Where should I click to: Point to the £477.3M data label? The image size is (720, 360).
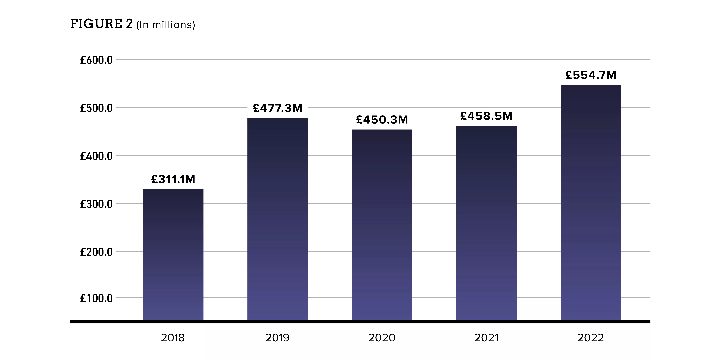coord(278,108)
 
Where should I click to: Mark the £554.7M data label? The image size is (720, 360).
coord(591,75)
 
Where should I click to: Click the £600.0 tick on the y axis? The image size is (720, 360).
coord(96,60)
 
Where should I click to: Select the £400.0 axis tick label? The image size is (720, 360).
coord(96,156)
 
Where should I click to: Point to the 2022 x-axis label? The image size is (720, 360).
coord(591,338)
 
